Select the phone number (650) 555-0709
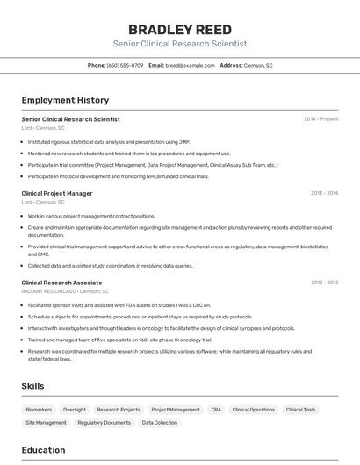(125, 65)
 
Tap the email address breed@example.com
(191, 65)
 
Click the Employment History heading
(65, 100)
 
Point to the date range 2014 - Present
(320, 119)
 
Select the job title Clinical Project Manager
(57, 193)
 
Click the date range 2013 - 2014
(324, 193)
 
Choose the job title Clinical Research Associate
(61, 283)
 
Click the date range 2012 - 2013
(324, 283)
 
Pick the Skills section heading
(33, 386)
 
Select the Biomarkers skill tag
(39, 410)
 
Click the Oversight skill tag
(75, 410)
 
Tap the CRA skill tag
(216, 410)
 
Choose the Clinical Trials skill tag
(300, 410)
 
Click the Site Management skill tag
(46, 423)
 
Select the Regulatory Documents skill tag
(104, 423)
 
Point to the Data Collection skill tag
(160, 423)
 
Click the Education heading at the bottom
(43, 450)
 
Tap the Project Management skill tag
(176, 410)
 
